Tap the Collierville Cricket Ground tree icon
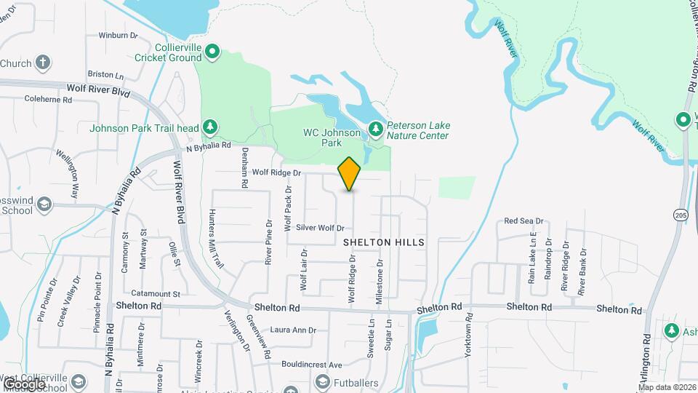pyautogui.click(x=212, y=51)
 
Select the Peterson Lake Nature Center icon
pyautogui.click(x=376, y=129)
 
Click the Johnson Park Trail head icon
pyautogui.click(x=210, y=128)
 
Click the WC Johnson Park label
pyautogui.click(x=332, y=138)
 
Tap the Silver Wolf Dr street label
pyautogui.click(x=319, y=228)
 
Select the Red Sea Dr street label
pyautogui.click(x=523, y=221)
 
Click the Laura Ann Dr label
pyautogui.click(x=293, y=330)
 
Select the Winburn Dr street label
pyautogui.click(x=118, y=35)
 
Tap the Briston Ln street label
pyautogui.click(x=105, y=75)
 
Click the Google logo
pyautogui.click(x=23, y=384)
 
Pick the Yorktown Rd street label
pyautogui.click(x=468, y=335)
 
